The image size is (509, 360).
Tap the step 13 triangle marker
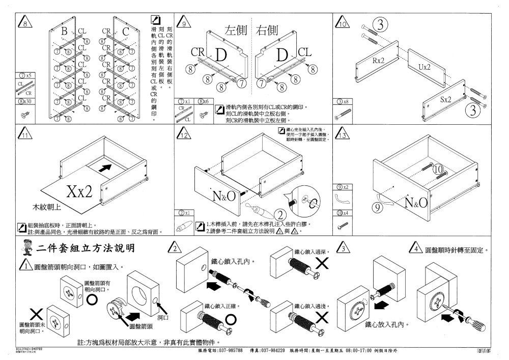click(342, 135)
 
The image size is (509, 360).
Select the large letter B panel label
click(64, 32)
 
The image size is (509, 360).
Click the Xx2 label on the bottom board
click(79, 191)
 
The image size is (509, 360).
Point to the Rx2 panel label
click(378, 61)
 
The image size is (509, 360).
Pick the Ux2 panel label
click(424, 67)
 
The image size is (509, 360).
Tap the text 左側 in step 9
click(236, 30)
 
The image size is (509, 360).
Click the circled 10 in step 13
click(438, 169)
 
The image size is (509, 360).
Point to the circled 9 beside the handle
click(377, 207)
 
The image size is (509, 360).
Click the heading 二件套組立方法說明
click(86, 248)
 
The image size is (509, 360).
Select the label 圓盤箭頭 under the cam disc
click(142, 325)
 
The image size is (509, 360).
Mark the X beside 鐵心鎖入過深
click(322, 263)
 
